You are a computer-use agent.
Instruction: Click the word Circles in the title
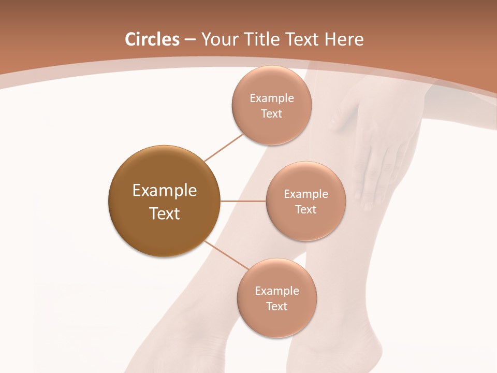[152, 39]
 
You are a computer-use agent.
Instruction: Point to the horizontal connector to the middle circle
[243, 201]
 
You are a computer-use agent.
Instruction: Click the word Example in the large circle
[165, 191]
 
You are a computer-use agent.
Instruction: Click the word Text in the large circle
[165, 213]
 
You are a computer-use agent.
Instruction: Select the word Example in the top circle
[272, 98]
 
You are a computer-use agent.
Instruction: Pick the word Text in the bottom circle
[277, 307]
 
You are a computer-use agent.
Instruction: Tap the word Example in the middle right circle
[305, 194]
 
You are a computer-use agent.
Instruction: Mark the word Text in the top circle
[272, 114]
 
